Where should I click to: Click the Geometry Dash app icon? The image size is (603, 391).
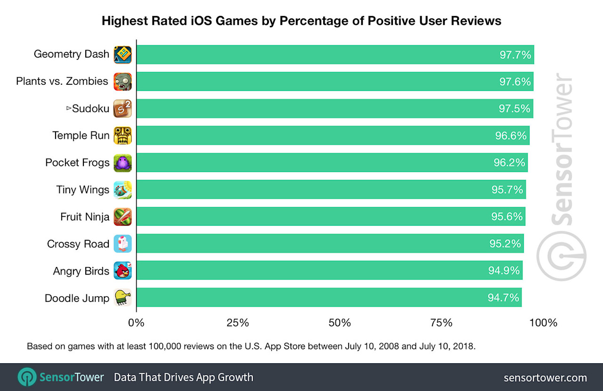(122, 55)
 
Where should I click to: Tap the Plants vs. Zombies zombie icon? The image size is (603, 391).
(122, 81)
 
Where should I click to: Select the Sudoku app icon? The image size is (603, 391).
(122, 109)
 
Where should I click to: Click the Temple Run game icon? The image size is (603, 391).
(122, 136)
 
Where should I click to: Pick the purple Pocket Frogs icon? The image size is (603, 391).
(122, 163)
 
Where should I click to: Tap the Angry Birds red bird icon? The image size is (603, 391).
(122, 271)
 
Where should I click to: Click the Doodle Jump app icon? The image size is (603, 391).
(122, 298)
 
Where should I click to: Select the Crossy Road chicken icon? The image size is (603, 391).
(122, 244)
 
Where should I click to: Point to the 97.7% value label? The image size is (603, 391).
(515, 55)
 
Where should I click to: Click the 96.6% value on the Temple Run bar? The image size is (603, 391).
(510, 136)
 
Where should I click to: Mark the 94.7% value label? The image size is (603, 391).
(503, 298)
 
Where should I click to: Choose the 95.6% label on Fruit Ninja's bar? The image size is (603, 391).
(507, 217)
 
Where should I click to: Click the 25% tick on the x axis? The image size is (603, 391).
(238, 323)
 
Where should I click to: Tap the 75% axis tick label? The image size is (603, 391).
(441, 323)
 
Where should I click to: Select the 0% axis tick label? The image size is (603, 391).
(137, 323)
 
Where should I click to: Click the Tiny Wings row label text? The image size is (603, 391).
(82, 190)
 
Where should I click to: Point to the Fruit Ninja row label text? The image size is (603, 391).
(85, 217)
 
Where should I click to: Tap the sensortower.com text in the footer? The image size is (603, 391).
(545, 377)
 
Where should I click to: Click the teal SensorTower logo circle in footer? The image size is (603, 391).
(27, 377)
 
